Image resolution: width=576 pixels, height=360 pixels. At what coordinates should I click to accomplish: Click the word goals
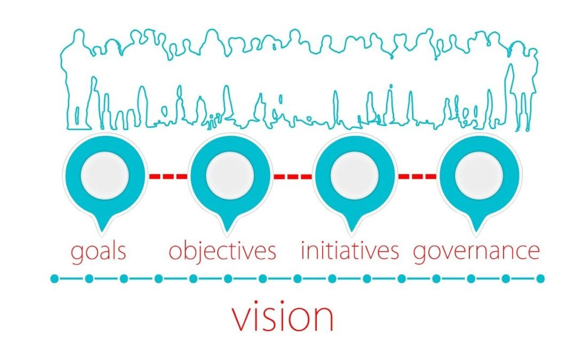tap(99, 251)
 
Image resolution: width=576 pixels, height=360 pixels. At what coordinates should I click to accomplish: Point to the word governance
tap(476, 251)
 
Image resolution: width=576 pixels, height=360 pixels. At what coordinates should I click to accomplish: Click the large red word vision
tap(283, 318)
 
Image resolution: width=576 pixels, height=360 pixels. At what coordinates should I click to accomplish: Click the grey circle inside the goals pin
tap(105, 175)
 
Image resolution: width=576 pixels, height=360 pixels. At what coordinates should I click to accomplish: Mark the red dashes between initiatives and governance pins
tap(417, 176)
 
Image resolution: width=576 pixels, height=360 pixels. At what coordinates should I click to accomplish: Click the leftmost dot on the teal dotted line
tap(54, 278)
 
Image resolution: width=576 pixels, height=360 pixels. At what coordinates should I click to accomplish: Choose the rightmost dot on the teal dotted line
tap(540, 278)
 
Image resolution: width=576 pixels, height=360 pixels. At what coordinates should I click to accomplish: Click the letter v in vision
tap(241, 319)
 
